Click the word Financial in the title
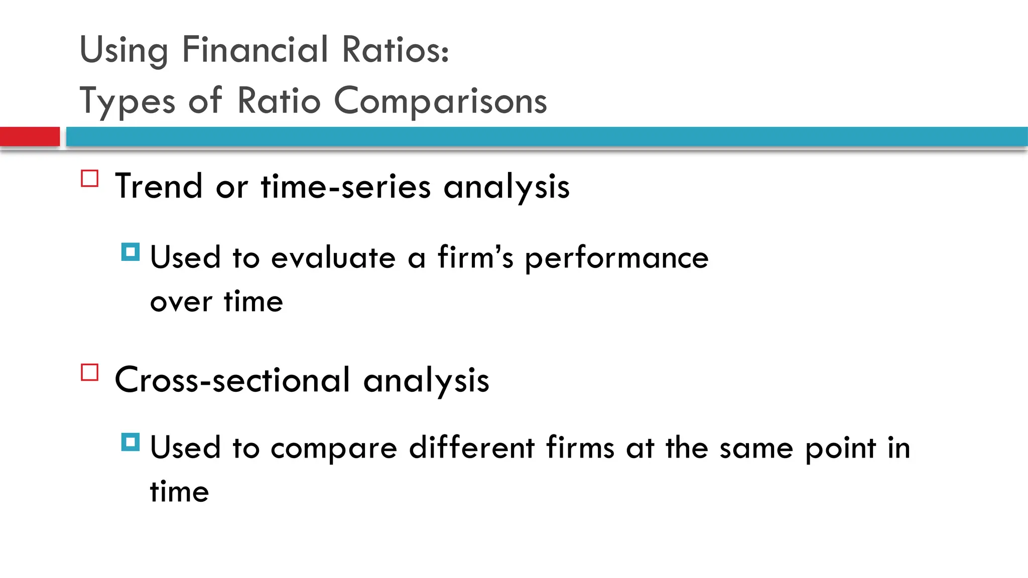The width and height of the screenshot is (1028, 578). tap(254, 50)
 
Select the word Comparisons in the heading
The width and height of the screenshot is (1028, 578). tap(440, 100)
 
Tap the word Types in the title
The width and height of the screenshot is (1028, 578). tap(127, 101)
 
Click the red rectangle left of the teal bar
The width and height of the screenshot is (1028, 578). tap(30, 136)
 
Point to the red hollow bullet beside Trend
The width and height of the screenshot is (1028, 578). tap(90, 179)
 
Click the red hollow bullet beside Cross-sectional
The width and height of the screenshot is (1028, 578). tap(90, 372)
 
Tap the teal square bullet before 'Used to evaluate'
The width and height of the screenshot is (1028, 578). tap(131, 252)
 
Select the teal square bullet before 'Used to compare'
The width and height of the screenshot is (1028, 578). tap(131, 442)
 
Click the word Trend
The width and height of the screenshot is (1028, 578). tap(159, 187)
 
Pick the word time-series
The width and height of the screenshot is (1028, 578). tap(345, 187)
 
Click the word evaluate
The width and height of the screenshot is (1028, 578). tap(333, 258)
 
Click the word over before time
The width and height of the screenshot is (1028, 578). tap(181, 302)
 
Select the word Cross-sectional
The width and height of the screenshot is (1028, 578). tap(232, 380)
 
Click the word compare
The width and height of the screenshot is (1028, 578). tap(334, 449)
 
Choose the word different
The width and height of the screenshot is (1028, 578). tap(471, 448)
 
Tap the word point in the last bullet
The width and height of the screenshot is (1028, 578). tap(840, 449)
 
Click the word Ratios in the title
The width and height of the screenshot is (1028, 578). tap(395, 50)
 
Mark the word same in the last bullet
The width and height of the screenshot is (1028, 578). tap(756, 449)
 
